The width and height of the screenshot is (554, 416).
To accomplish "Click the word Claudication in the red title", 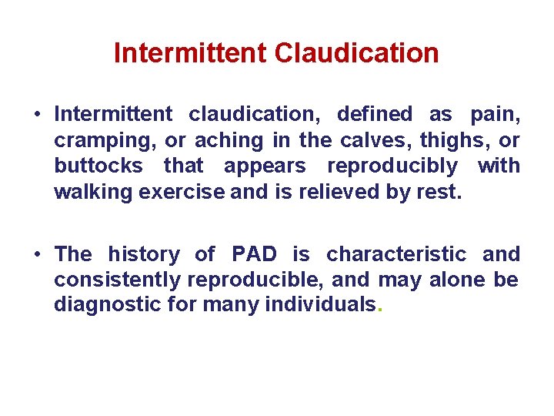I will tap(356, 53).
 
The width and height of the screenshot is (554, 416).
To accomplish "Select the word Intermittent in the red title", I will tap(190, 53).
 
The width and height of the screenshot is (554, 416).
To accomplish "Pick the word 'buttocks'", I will tap(98, 166).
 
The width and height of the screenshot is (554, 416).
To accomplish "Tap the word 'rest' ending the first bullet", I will tap(442, 192).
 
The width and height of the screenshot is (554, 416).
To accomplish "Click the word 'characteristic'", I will tap(396, 254).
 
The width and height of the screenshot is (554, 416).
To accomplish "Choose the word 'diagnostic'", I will tap(107, 305).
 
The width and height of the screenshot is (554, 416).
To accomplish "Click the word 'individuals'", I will tap(322, 304).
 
